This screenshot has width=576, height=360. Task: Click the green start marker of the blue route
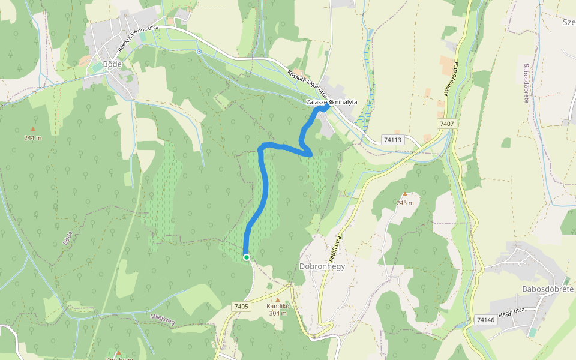pos(247,257)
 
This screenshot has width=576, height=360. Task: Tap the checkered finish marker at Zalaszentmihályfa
pos(331,102)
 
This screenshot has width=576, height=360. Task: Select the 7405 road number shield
pos(241,307)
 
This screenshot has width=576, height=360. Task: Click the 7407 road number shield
pos(446,124)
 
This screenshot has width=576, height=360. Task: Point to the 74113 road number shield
pos(392,140)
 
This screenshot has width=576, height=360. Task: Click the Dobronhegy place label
pos(322,266)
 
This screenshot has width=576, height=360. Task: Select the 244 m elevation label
pos(33,138)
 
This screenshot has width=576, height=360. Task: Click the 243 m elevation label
pos(405,203)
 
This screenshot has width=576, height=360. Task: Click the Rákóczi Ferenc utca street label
pos(138,37)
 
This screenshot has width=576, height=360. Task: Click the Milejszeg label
pos(163,319)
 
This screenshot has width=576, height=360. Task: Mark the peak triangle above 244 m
pos(33,128)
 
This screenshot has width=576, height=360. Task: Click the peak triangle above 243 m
pos(405,194)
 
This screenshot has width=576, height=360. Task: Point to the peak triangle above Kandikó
pos(278,298)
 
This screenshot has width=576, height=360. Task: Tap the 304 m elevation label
pos(278,313)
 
